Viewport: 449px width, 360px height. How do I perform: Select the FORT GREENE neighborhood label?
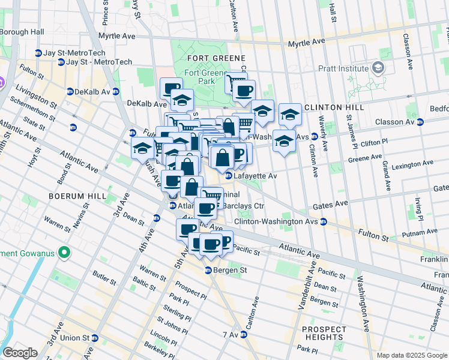208,58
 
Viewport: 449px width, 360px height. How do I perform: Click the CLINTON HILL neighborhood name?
333,107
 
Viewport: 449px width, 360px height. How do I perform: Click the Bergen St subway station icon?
209,271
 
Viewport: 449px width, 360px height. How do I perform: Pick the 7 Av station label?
231,334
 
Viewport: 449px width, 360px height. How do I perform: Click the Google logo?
20,353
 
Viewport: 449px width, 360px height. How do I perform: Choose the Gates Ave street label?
331,205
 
